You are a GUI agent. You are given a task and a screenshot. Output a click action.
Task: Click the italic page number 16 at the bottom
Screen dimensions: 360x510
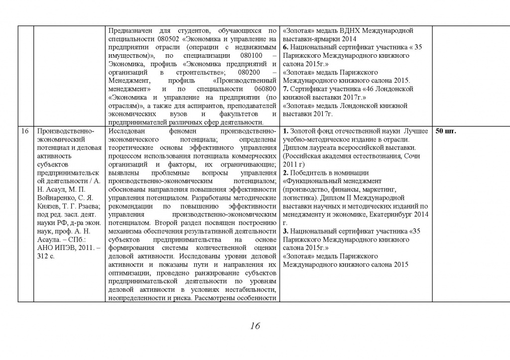coord(255,327)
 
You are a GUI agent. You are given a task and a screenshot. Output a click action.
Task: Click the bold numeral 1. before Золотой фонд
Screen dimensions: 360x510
coord(285,131)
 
